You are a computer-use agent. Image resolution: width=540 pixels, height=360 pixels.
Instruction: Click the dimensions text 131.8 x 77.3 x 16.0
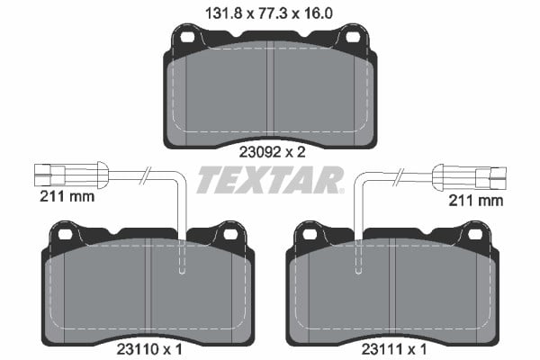click(269, 13)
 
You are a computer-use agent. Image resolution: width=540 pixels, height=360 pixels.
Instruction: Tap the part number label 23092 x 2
click(272, 152)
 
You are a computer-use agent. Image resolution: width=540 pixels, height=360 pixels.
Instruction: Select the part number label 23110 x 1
click(149, 350)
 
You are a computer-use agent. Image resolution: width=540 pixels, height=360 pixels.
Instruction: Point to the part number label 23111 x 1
click(394, 350)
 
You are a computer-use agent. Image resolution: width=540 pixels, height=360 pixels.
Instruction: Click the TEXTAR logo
click(270, 179)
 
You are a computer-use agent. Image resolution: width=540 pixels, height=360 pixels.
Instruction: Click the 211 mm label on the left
click(67, 196)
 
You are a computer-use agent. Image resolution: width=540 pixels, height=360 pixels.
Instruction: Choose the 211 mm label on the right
click(475, 201)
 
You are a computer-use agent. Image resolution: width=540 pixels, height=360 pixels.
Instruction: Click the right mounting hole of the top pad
click(353, 37)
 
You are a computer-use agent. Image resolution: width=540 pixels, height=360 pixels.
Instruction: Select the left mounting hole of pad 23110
click(65, 235)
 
